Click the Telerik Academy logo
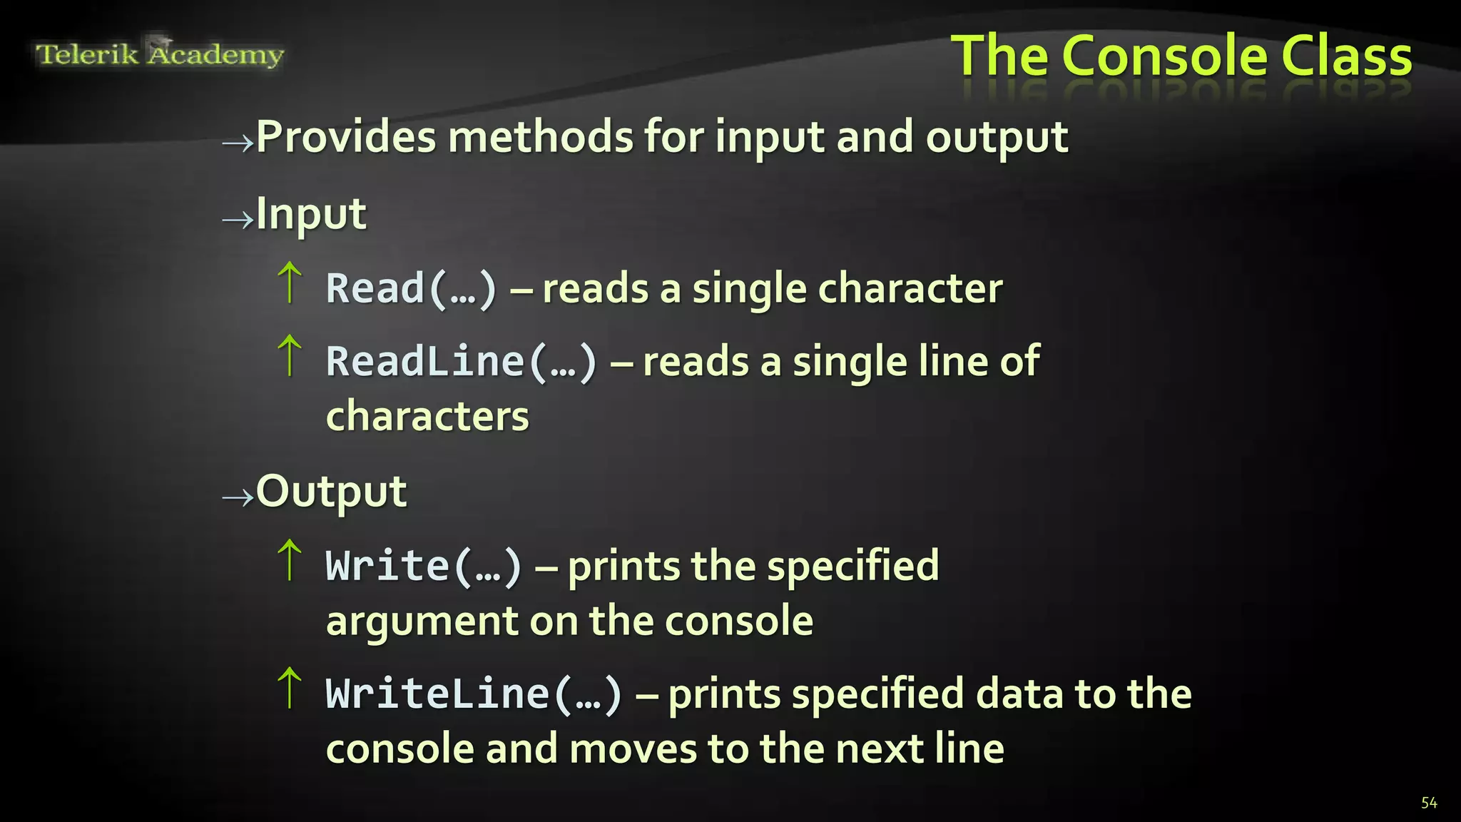(160, 54)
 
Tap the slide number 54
(1429, 803)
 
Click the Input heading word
(311, 213)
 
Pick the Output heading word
(331, 491)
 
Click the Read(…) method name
(411, 288)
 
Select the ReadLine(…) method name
(461, 361)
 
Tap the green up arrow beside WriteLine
(290, 688)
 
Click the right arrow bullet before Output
(238, 497)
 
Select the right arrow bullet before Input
(238, 219)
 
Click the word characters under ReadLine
(427, 416)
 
